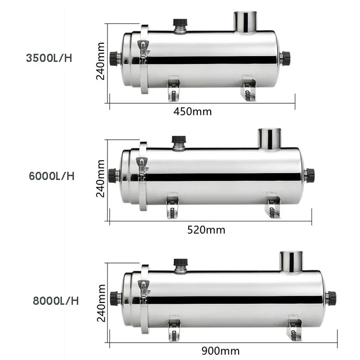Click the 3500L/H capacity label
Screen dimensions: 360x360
coord(50,58)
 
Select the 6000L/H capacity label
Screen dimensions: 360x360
coord(52,176)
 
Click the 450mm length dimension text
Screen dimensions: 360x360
coord(192,112)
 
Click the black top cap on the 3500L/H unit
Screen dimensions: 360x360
coord(180,24)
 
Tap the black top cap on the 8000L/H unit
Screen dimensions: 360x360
coord(180,264)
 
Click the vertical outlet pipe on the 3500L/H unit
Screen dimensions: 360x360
coord(246,22)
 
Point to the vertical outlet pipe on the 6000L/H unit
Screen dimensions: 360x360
coord(269,139)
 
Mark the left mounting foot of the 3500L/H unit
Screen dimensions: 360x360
coord(173,89)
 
